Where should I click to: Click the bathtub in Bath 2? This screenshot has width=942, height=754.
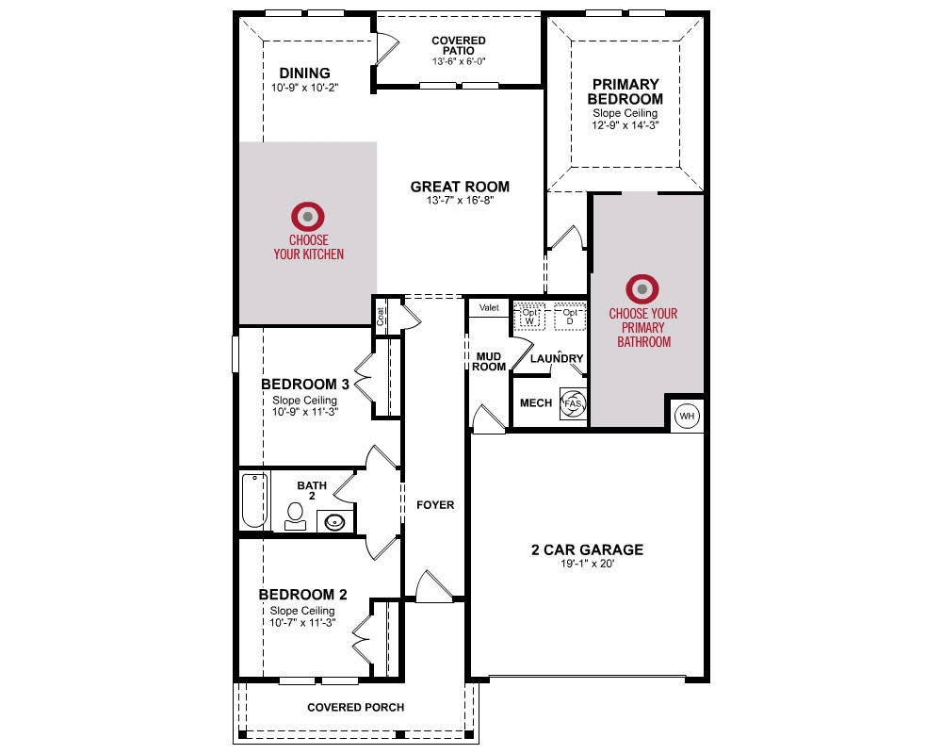[254, 500]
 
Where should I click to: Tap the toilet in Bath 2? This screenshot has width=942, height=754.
[295, 516]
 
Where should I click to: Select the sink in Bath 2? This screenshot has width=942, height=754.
[334, 521]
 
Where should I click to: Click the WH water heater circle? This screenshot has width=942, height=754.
[687, 416]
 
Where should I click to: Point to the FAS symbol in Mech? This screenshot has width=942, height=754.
[573, 402]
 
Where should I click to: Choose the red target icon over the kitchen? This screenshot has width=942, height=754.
[308, 217]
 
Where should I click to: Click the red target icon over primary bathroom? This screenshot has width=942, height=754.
[642, 289]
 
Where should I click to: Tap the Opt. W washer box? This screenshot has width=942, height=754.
[529, 317]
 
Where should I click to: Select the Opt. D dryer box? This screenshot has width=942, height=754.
[570, 317]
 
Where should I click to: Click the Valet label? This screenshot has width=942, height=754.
[489, 307]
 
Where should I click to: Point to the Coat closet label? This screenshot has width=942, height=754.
[381, 317]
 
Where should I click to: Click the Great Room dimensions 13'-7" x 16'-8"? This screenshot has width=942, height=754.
[461, 200]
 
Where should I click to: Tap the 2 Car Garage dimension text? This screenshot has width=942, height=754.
[588, 564]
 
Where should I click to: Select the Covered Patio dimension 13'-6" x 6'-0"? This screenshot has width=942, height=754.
[459, 61]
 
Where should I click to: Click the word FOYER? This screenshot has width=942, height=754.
[435, 505]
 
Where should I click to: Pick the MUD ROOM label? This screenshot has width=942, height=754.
[488, 361]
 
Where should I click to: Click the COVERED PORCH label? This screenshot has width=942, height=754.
[356, 708]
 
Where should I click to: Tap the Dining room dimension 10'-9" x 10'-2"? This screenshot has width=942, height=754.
[304, 88]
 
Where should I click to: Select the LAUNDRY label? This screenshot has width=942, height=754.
[557, 358]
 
